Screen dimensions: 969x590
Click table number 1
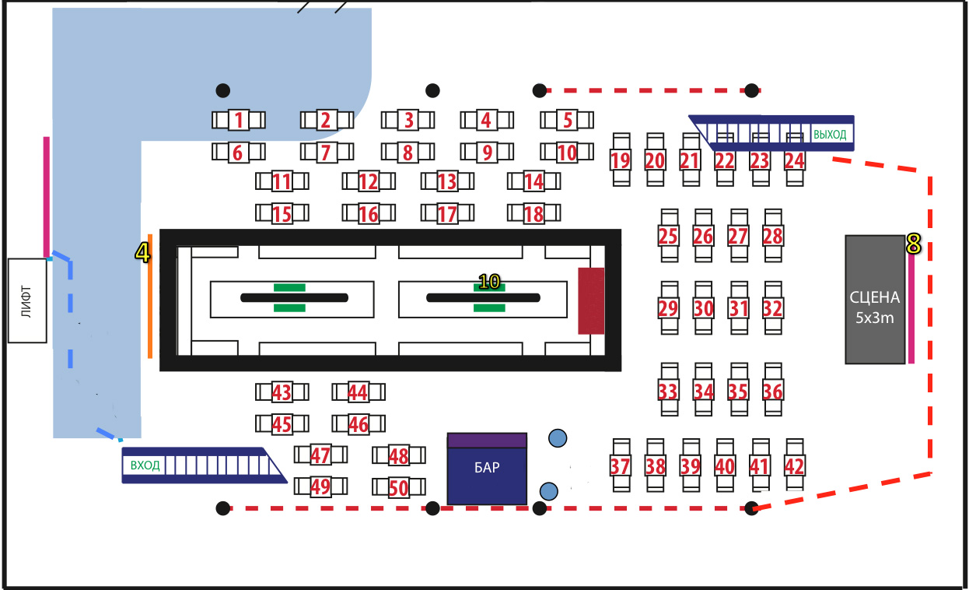(238, 120)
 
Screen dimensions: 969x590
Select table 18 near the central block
(533, 214)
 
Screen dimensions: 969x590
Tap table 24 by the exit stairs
(795, 160)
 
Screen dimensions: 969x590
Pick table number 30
(703, 307)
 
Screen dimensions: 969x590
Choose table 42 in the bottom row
(795, 465)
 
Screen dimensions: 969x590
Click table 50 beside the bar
(398, 488)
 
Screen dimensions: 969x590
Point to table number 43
(282, 392)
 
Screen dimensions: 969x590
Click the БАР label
(487, 468)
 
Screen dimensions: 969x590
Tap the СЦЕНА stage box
(875, 300)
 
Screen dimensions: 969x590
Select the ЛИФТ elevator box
(27, 301)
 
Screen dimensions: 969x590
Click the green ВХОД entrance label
(145, 465)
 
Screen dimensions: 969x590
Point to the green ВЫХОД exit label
(830, 135)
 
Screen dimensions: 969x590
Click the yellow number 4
(142, 253)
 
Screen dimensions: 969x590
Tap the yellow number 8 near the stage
(913, 244)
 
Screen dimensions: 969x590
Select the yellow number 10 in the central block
(489, 282)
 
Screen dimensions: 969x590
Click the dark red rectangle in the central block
(591, 301)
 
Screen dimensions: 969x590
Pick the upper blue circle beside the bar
(558, 438)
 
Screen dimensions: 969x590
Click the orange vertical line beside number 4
(150, 297)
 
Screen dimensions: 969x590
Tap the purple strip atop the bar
(487, 441)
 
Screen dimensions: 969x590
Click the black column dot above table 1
(222, 90)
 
